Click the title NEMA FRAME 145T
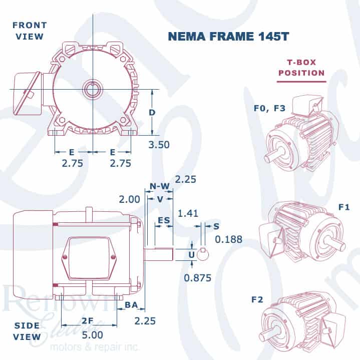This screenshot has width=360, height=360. [x=222, y=37]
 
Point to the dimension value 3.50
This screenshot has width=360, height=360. [x=159, y=145]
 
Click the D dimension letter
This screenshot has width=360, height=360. [x=152, y=113]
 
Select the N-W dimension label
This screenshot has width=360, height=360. [x=159, y=187]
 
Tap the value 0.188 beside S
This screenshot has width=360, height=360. [x=228, y=239]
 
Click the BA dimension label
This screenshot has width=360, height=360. [x=131, y=304]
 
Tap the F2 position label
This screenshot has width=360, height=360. [x=257, y=300]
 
